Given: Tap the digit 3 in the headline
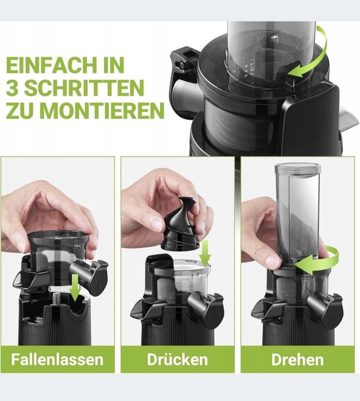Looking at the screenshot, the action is [x=12, y=88].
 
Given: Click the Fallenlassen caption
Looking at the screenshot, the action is [x=57, y=359].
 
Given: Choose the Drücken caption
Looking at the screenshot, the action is [x=177, y=359].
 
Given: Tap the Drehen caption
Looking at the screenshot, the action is [x=297, y=360].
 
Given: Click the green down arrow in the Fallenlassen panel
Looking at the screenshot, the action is [x=75, y=288].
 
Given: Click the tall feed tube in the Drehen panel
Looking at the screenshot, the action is [x=298, y=215].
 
